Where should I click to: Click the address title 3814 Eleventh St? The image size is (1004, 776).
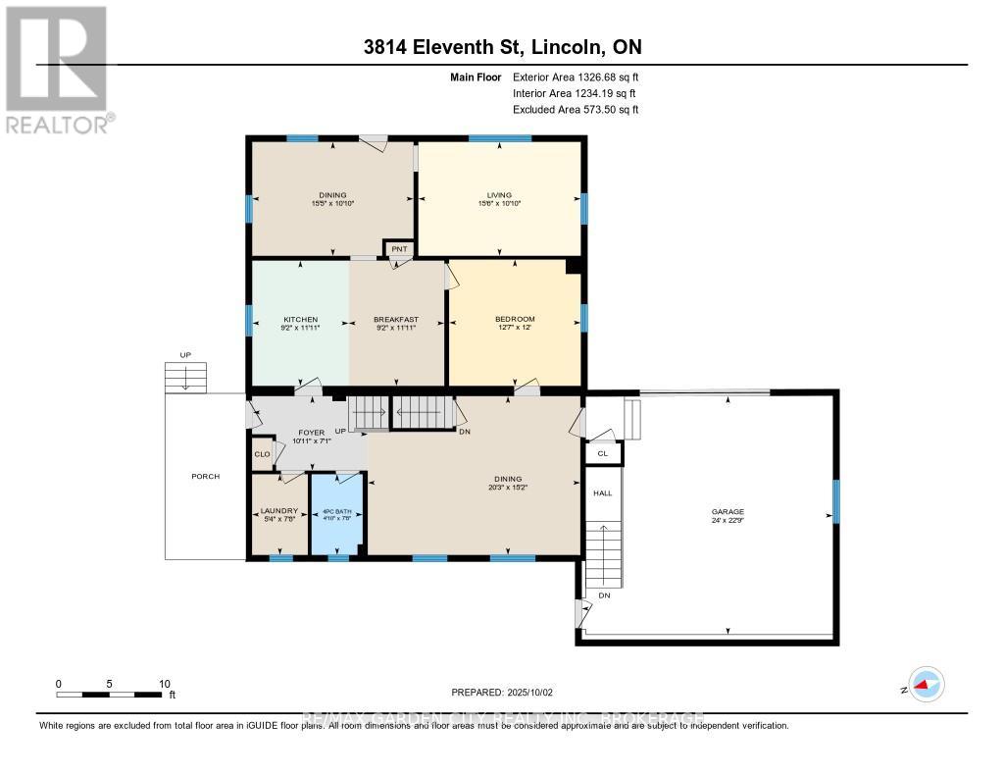click(x=501, y=47)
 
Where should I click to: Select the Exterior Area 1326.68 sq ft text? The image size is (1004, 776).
click(x=576, y=77)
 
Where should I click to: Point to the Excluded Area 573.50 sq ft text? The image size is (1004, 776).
click(x=576, y=110)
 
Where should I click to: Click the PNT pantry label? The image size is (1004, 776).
click(x=399, y=249)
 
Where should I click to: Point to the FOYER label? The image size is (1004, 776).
click(x=312, y=432)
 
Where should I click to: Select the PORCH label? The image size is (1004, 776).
click(x=206, y=477)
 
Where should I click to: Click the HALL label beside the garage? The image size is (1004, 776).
click(x=602, y=492)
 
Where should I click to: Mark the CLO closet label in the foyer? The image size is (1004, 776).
click(x=262, y=454)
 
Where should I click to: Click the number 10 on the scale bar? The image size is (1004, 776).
click(x=165, y=684)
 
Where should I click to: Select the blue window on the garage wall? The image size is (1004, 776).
click(x=835, y=500)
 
